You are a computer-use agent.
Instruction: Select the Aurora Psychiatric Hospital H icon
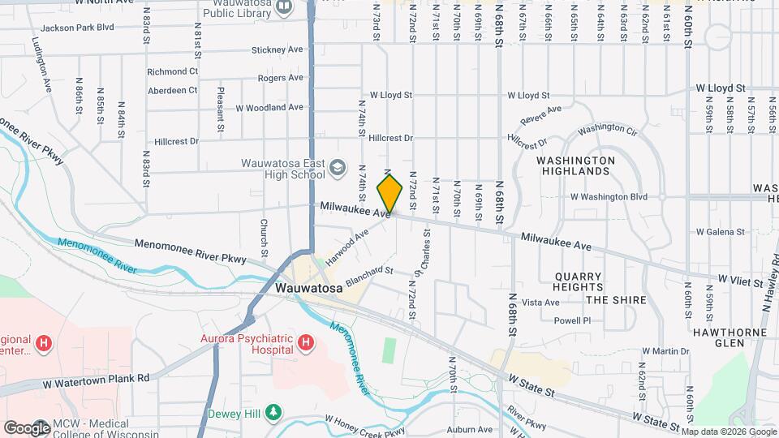click(x=305, y=344)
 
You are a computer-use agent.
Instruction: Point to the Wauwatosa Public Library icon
click(x=283, y=7)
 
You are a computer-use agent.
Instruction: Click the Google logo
click(x=27, y=427)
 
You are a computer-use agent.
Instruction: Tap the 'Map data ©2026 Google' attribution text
click(x=729, y=431)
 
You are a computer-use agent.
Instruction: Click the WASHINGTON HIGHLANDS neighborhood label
click(x=575, y=166)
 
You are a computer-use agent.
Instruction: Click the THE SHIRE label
click(x=616, y=300)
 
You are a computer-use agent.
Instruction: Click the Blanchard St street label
click(x=369, y=277)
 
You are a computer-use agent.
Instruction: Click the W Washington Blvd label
click(x=609, y=196)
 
